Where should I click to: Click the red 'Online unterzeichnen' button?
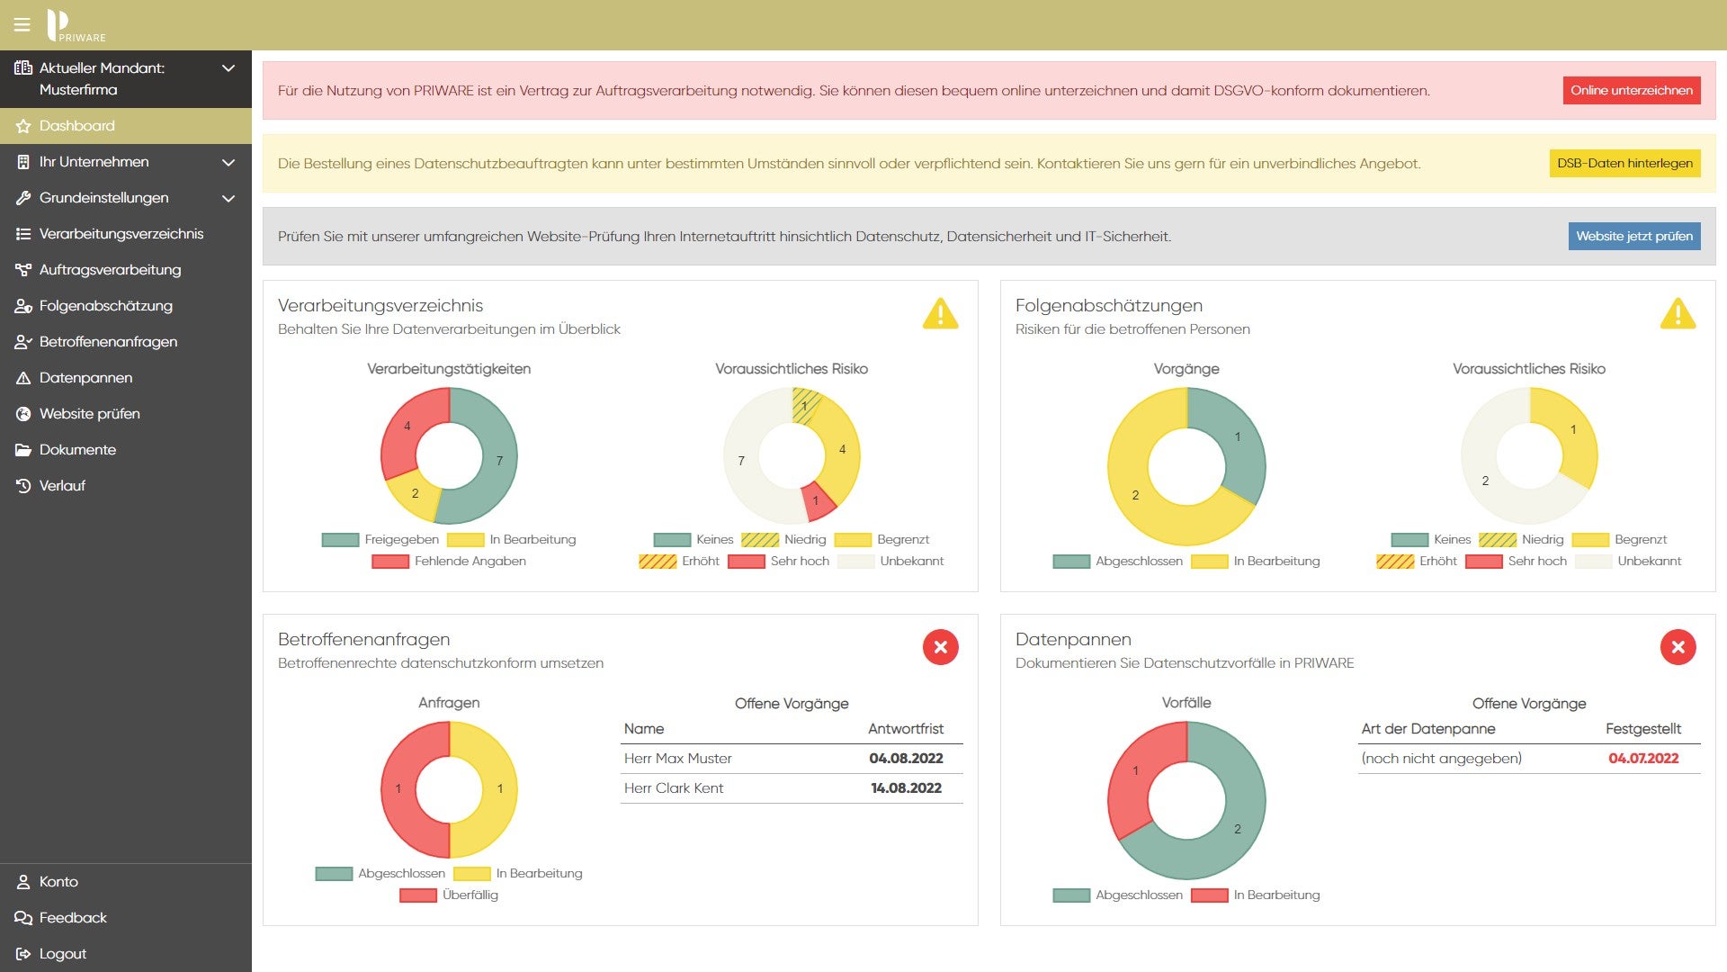coord(1631,90)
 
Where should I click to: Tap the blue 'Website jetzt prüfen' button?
coord(1633,236)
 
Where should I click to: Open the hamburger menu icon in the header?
coord(22,24)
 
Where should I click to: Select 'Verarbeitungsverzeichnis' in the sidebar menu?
coord(121,234)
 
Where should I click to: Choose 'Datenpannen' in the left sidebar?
coord(85,378)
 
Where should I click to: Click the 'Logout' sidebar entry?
coord(62,954)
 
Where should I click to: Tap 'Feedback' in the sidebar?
coord(72,918)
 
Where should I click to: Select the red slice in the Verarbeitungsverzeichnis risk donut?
coord(817,501)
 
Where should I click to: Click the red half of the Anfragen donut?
coord(401,789)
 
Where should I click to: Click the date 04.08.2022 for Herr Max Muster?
coord(905,759)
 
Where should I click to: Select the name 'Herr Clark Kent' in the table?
coord(674,788)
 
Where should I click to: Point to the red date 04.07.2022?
coord(1642,759)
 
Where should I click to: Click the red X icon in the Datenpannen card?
coord(1678,647)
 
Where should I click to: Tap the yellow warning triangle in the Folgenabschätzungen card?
coord(1678,314)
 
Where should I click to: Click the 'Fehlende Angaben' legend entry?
coord(470,562)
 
